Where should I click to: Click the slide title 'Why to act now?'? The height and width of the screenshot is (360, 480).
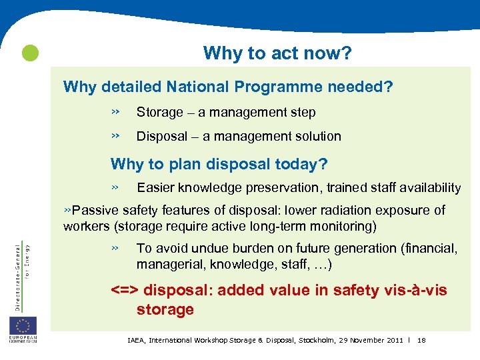tap(277, 53)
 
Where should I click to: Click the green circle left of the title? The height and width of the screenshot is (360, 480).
tap(30, 53)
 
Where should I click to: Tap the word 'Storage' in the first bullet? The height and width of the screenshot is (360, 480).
tap(159, 112)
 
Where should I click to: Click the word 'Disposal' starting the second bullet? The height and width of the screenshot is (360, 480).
tap(162, 136)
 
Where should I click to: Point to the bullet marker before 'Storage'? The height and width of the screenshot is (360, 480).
tap(115, 111)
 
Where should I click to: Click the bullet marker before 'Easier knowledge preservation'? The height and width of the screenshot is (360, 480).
tap(115, 187)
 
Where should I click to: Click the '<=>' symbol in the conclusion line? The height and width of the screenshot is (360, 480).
tap(125, 290)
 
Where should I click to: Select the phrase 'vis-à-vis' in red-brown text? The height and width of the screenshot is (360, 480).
tap(417, 290)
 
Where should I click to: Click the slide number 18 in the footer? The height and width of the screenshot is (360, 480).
tap(421, 341)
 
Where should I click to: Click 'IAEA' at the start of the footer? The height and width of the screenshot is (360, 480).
tap(135, 341)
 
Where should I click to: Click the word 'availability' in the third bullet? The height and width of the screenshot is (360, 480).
tap(429, 188)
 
